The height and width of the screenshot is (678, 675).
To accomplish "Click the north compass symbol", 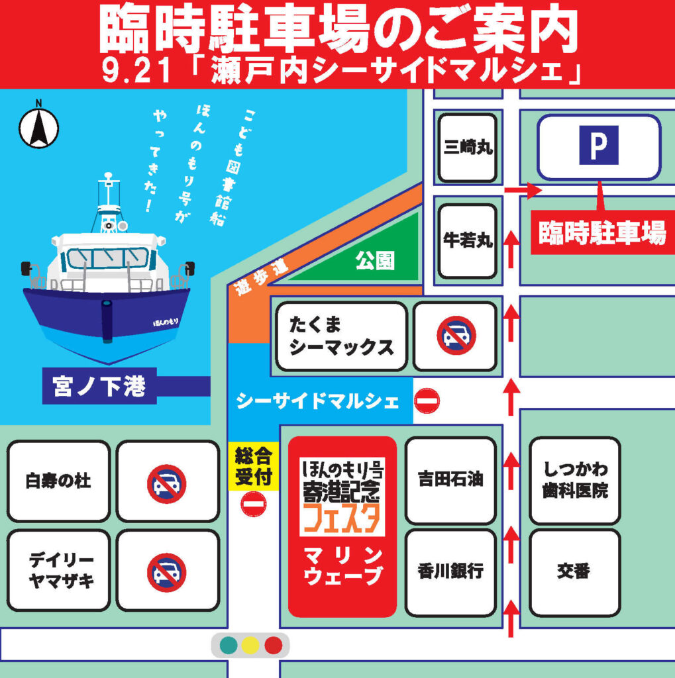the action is point(38,126).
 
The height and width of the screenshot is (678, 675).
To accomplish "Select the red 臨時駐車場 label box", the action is point(602,232).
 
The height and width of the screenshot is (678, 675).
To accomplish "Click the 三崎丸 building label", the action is point(468,148).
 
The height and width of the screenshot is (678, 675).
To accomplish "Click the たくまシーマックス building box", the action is point(341,336).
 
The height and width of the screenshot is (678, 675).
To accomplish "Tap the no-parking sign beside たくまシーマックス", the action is point(456,336).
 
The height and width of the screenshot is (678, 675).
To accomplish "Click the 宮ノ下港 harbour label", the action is point(99,385).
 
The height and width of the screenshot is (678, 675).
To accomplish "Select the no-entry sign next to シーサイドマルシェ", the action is point(427,401).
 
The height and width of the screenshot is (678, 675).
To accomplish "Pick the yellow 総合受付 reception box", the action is point(254,466).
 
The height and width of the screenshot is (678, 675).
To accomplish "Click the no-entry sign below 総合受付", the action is point(253,505).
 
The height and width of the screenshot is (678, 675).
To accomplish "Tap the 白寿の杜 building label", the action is point(58,481).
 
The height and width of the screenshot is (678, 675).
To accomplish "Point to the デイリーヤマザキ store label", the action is point(58,571).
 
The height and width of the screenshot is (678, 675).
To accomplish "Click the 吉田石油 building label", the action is point(450,479).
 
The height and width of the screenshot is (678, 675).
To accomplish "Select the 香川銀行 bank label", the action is point(450,571).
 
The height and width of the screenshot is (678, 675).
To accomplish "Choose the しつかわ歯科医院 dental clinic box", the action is point(575,481).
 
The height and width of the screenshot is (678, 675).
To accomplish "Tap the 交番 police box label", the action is point(574,571).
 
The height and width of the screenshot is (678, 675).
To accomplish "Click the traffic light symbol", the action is point(250,645).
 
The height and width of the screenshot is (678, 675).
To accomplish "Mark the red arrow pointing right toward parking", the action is point(523,190).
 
